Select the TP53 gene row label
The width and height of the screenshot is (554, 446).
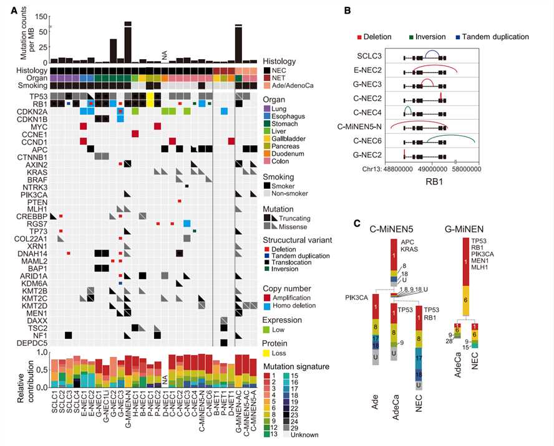[37, 97]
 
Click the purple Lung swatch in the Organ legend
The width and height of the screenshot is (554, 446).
[268, 108]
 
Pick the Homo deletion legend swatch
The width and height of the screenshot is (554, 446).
[268, 306]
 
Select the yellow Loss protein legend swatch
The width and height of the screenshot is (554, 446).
[268, 352]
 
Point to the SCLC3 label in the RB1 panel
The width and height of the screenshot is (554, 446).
[371, 56]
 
